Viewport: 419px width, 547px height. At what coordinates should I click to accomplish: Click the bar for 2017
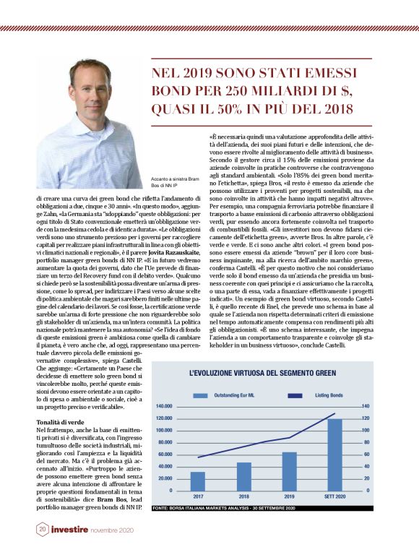[197, 481]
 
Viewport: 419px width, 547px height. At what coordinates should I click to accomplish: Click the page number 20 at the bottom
[43, 529]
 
